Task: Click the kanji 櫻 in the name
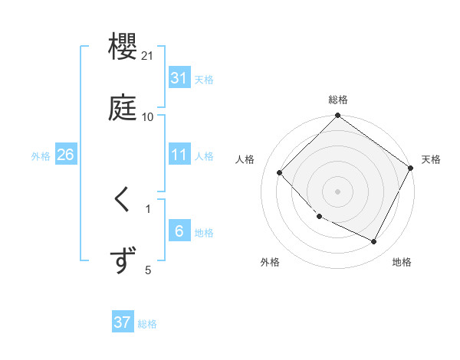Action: [x=123, y=47]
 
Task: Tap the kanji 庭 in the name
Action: [x=123, y=106]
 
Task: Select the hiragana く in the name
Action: [x=123, y=200]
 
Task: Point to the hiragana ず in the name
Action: [x=123, y=260]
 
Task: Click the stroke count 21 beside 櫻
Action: [x=148, y=56]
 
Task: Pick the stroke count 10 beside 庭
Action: [x=148, y=116]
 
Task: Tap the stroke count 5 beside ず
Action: [x=148, y=270]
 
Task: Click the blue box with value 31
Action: [x=179, y=78]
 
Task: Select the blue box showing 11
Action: [x=179, y=155]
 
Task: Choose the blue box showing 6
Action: [x=179, y=231]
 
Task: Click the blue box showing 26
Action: [x=65, y=155]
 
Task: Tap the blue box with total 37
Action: [x=123, y=322]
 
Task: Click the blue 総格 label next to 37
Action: [x=147, y=324]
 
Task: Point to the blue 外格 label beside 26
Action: [x=41, y=156]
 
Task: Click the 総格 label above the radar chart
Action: [x=338, y=100]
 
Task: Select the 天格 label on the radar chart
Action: [x=431, y=159]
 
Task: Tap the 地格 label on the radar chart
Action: [x=402, y=262]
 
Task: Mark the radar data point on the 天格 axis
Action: [x=410, y=168]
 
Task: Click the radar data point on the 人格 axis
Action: [x=280, y=172]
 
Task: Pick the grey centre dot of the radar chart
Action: [x=338, y=191]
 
